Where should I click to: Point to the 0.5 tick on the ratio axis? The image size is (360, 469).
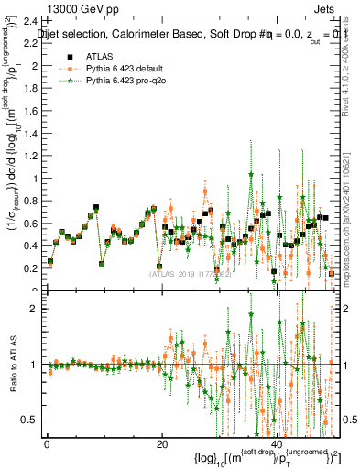click(31, 420)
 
